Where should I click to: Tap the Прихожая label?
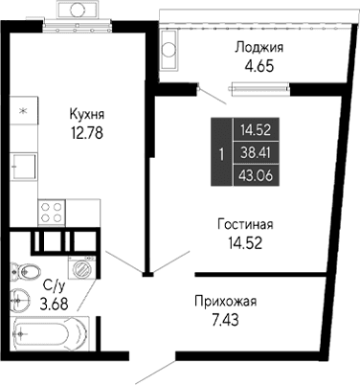[x=226, y=301]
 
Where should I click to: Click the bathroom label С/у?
[x=55, y=284]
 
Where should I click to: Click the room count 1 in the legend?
[x=222, y=151]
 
